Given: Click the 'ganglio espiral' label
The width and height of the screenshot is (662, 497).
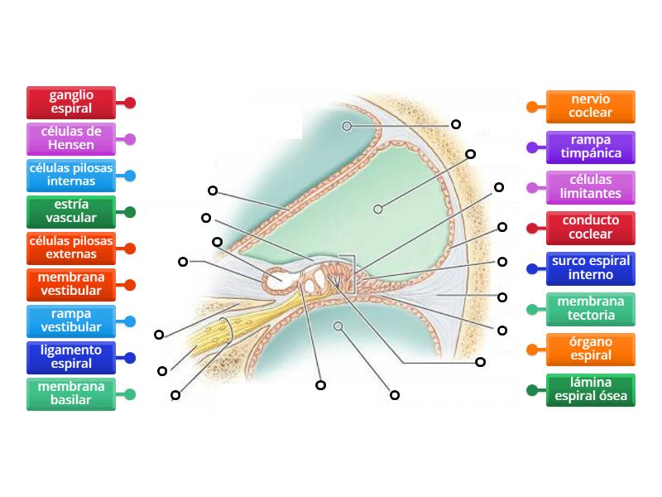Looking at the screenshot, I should click(x=71, y=103).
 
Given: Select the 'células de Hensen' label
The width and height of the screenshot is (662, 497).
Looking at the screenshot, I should click(x=71, y=139).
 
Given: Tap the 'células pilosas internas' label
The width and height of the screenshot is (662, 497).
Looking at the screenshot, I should click(x=71, y=176).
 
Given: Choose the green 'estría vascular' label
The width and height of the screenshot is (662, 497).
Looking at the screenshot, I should click(x=71, y=212).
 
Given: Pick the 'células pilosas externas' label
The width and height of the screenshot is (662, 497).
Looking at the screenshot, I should click(x=71, y=248).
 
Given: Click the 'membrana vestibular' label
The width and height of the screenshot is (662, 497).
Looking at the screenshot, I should click(x=71, y=284).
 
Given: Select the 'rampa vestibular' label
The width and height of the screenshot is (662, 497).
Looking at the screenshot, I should click(x=71, y=321).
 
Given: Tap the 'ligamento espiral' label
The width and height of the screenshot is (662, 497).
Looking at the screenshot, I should click(x=71, y=357).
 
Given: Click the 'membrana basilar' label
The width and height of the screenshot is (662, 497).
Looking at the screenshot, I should click(x=71, y=393).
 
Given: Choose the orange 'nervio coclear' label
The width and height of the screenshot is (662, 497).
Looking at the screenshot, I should click(x=591, y=106).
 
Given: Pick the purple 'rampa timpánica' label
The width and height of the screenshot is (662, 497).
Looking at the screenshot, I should click(x=591, y=147).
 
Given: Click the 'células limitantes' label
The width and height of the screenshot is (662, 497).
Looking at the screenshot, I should click(x=591, y=187).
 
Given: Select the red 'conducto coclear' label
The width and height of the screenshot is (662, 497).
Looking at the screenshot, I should click(x=591, y=228).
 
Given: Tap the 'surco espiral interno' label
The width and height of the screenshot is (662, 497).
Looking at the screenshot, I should click(x=591, y=268).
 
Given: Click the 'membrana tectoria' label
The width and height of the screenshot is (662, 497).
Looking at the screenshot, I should click(x=591, y=309).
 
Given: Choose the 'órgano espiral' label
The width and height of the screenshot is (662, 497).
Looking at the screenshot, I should click(x=591, y=350).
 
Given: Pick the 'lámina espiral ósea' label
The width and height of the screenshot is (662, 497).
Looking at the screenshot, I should click(x=591, y=390).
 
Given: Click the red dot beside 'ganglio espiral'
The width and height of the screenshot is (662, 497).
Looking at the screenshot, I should click(x=130, y=104).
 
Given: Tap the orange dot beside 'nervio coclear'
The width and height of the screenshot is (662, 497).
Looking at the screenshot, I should click(x=533, y=107).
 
